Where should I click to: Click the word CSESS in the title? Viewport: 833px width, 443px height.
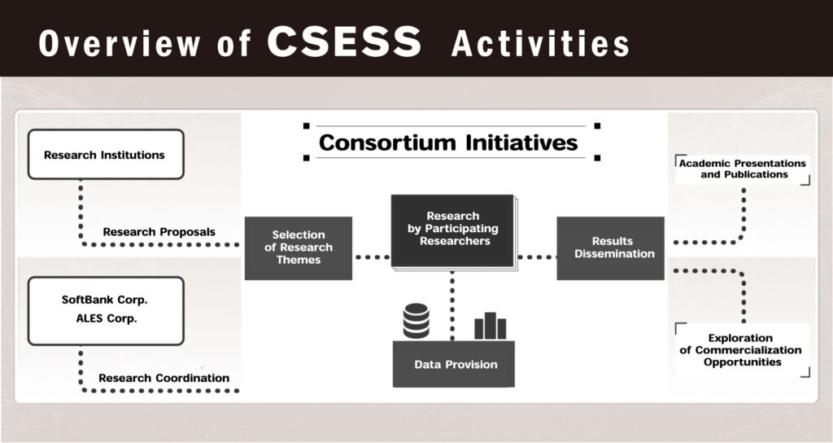pyautogui.click(x=344, y=42)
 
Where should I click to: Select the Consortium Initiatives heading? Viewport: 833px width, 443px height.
pyautogui.click(x=448, y=143)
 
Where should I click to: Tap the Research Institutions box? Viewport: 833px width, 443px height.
pyautogui.click(x=105, y=155)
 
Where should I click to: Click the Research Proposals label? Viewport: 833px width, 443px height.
pyautogui.click(x=159, y=232)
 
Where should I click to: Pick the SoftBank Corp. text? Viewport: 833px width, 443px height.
pyautogui.click(x=104, y=300)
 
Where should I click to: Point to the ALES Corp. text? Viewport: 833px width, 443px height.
pyautogui.click(x=104, y=318)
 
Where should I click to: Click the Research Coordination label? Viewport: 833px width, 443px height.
pyautogui.click(x=164, y=378)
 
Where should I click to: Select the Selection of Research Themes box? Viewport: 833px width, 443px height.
pyautogui.click(x=299, y=248)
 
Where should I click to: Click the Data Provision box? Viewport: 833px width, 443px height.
pyautogui.click(x=455, y=364)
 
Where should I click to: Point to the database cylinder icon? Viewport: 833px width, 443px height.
pyautogui.click(x=416, y=320)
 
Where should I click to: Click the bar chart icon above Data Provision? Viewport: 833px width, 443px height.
pyautogui.click(x=490, y=326)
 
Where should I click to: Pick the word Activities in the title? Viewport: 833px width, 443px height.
pyautogui.click(x=540, y=44)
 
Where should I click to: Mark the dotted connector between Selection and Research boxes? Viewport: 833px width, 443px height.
pyautogui.click(x=372, y=257)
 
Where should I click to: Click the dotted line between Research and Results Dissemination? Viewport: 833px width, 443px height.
pyautogui.click(x=535, y=257)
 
